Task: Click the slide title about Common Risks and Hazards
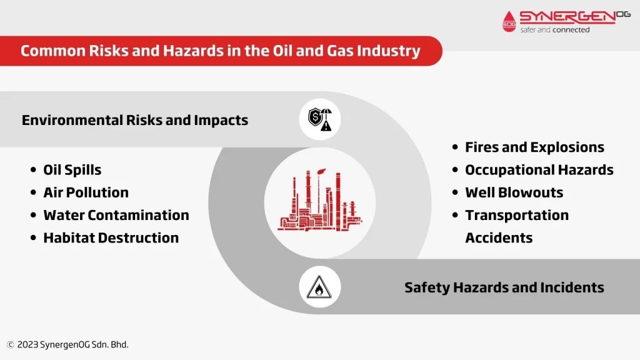tap(220, 51)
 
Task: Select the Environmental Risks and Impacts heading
tap(135, 120)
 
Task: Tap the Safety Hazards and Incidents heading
tap(504, 287)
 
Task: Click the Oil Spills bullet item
tap(72, 170)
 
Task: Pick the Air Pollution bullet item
tap(86, 192)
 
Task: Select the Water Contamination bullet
tap(116, 215)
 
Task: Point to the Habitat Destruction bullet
tap(111, 237)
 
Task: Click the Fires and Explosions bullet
tap(534, 147)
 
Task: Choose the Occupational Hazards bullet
tap(539, 170)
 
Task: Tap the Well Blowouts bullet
tap(514, 192)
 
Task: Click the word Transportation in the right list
tap(517, 215)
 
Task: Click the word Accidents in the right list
tap(499, 237)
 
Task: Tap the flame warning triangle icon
tap(319, 287)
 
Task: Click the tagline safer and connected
tap(555, 29)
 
